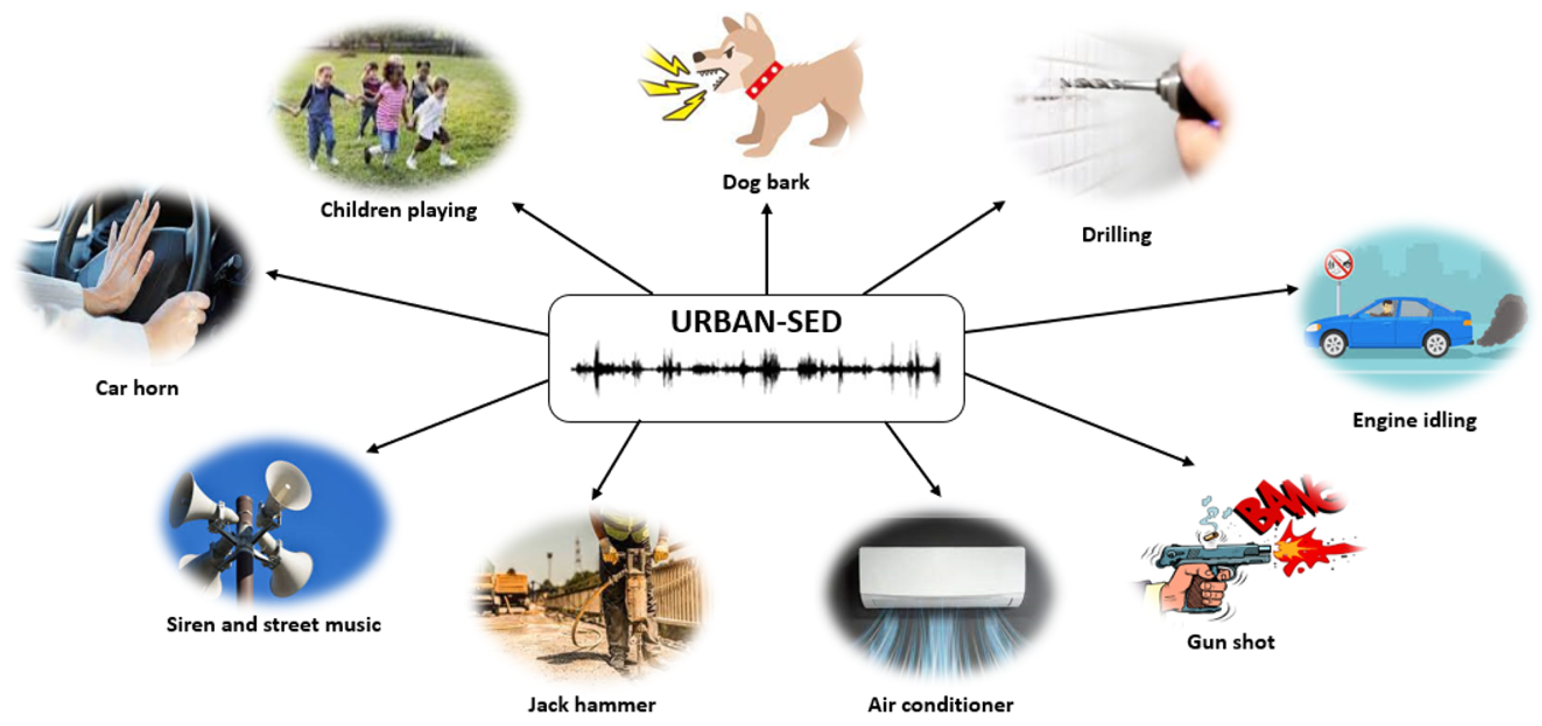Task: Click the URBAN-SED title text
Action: [x=756, y=322]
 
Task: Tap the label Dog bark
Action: [x=766, y=182]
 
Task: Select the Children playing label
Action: [x=399, y=210]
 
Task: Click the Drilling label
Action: [x=1116, y=235]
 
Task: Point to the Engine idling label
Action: [x=1415, y=420]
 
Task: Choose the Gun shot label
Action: [x=1231, y=642]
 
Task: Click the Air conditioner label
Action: [x=941, y=705]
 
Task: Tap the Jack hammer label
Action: [x=592, y=705]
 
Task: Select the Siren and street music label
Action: [x=274, y=625]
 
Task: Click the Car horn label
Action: [x=137, y=388]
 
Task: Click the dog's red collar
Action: [x=764, y=80]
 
